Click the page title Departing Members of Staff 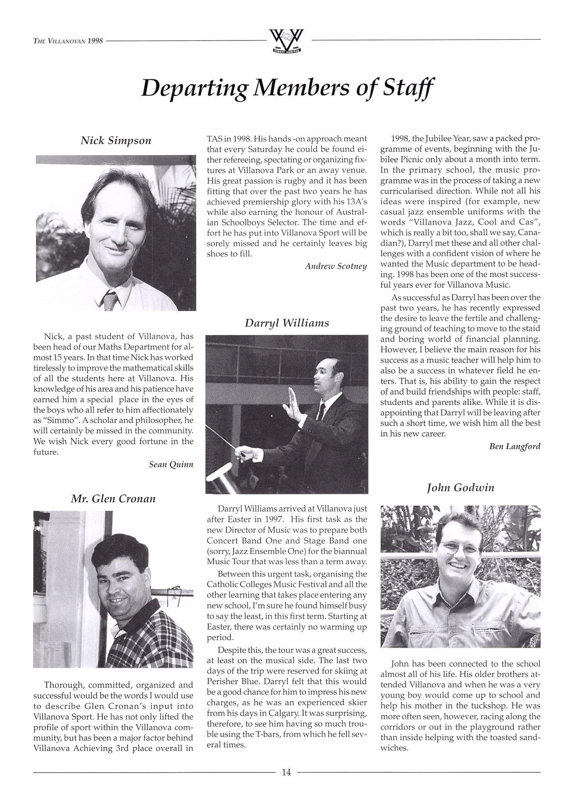coord(287,88)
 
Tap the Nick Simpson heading coord(116,140)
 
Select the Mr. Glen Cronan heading coord(113,499)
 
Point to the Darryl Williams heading coord(286,323)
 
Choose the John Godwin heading coord(460,488)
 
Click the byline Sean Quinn coord(171,464)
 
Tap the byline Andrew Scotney coord(336,266)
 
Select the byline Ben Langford coord(514,446)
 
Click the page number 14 coord(286,772)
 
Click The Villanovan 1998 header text coord(68,41)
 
